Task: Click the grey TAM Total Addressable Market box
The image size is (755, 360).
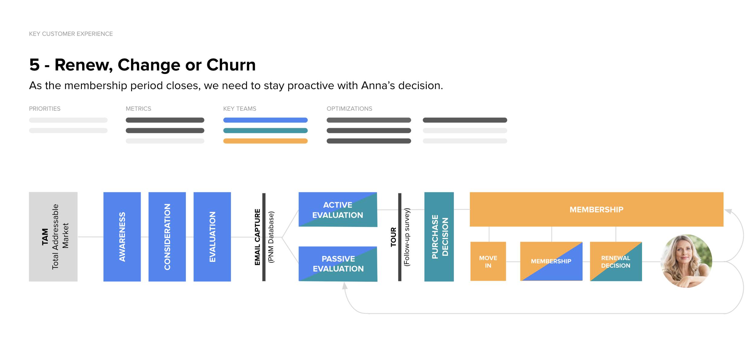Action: [x=53, y=237]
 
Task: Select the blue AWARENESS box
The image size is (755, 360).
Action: [x=122, y=237]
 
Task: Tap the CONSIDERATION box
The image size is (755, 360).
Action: [x=167, y=237]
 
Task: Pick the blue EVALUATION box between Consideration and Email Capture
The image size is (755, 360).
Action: [x=212, y=237]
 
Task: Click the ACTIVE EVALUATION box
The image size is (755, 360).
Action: [x=338, y=210]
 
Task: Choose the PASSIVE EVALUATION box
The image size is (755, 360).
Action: [x=338, y=264]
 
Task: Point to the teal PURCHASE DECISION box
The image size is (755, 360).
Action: [x=439, y=237]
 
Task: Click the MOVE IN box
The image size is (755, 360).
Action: [x=488, y=262]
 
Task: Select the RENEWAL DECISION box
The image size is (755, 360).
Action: [x=616, y=262]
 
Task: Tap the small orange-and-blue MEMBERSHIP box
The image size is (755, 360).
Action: [x=551, y=262]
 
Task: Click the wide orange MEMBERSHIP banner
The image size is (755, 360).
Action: [x=596, y=209]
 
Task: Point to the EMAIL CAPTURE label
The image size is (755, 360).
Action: [x=257, y=237]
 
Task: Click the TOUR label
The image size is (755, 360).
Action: [x=393, y=237]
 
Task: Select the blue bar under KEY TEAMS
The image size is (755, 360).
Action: [x=265, y=120]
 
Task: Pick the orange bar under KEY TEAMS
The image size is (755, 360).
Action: [x=265, y=141]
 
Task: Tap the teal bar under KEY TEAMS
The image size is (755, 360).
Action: [x=265, y=130]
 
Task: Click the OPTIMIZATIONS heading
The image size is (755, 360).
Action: [x=349, y=109]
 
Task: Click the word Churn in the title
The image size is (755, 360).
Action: [x=231, y=65]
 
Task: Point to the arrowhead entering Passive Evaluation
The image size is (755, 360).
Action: [x=344, y=286]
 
